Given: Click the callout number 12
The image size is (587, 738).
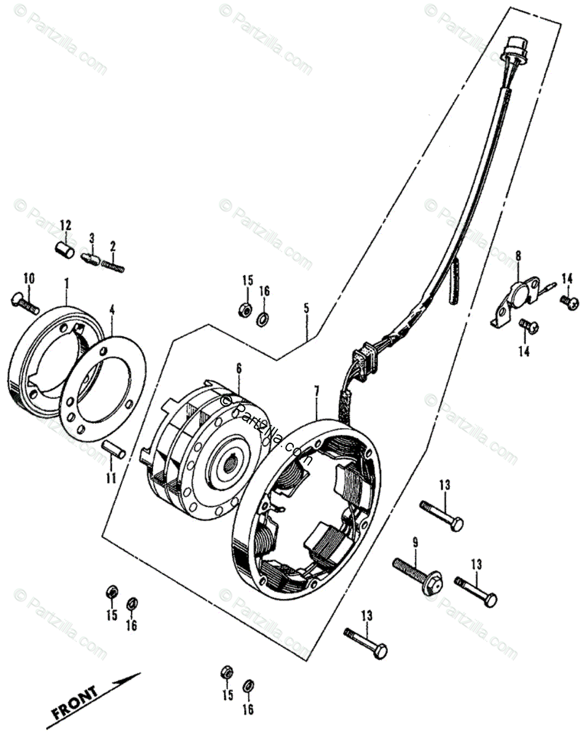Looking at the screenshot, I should [65, 224].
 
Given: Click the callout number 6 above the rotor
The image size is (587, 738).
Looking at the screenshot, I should [238, 369].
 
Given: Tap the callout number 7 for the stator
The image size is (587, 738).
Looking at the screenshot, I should [317, 391].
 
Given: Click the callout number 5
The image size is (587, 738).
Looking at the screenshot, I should [306, 308].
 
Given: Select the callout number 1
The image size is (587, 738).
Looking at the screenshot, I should [66, 283].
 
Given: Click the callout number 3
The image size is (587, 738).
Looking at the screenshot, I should [92, 237].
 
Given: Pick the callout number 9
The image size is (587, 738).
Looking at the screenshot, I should [415, 542].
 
